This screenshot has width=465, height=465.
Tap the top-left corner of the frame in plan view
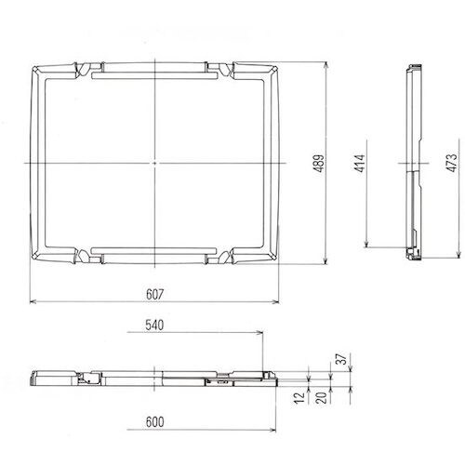[x=33, y=66]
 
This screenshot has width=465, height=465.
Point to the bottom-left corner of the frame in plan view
[x=33, y=265]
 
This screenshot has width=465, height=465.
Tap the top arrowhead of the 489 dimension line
[x=327, y=65]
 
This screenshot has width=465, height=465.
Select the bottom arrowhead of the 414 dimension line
[x=367, y=246]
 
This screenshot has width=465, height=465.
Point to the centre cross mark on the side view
[x=412, y=166]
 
